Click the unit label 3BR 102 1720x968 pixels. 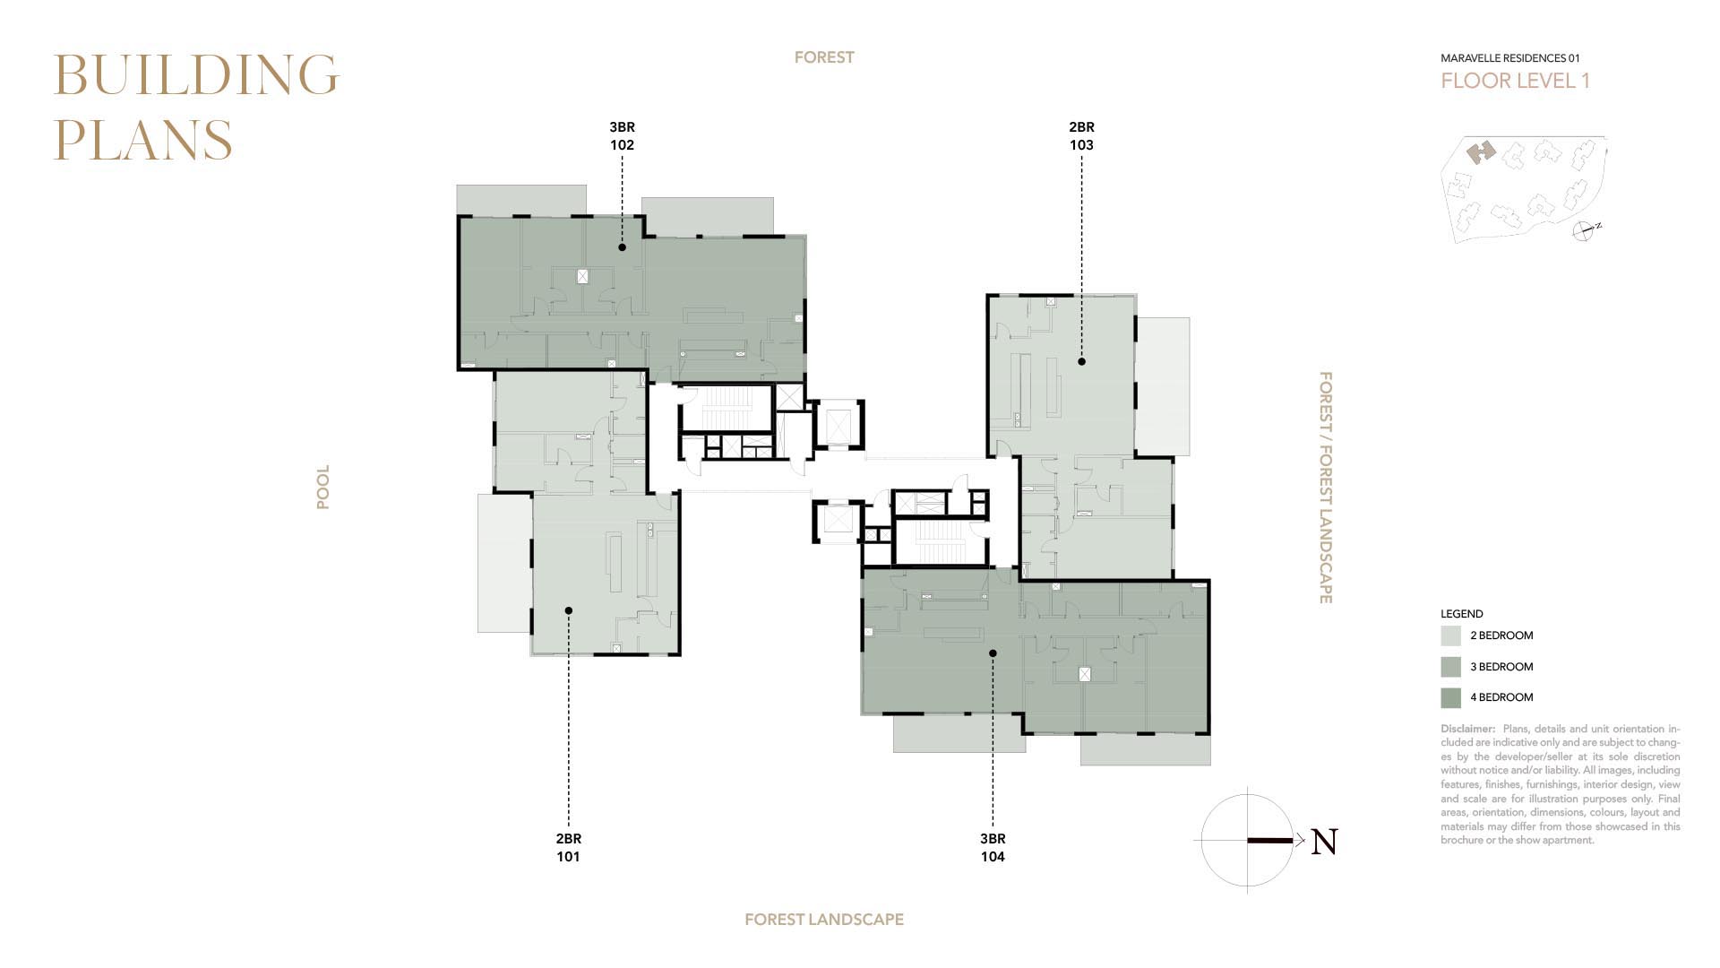622,135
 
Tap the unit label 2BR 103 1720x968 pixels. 1081,135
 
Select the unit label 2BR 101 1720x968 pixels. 568,847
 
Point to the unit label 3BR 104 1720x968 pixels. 993,847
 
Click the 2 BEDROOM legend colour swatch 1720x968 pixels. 1450,635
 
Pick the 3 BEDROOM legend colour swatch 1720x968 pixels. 1450,667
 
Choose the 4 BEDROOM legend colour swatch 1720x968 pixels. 1450,697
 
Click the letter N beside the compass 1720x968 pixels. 1324,842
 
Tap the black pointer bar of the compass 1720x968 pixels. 1270,841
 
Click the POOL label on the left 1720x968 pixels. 323,487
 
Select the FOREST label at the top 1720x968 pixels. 824,57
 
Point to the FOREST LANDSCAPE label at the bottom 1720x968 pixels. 824,920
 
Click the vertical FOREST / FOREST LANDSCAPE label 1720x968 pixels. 1326,488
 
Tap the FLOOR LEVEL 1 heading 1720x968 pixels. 1515,81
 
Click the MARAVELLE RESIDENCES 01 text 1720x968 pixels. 1510,58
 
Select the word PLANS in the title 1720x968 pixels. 143,141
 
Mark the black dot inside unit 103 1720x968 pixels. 1081,362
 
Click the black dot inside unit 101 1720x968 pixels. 568,610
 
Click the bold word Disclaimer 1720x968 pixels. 1467,729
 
